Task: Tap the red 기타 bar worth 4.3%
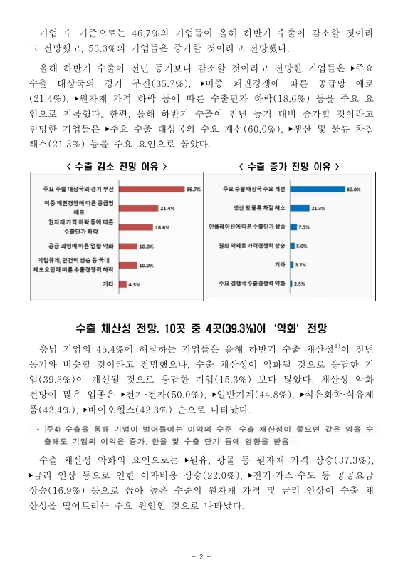tap(122, 284)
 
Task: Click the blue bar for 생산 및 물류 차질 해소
tap(300, 208)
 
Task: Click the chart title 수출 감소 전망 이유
tap(112, 166)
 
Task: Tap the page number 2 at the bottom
tap(201, 556)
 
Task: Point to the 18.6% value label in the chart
tap(162, 227)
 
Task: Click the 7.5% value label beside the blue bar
tap(303, 227)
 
